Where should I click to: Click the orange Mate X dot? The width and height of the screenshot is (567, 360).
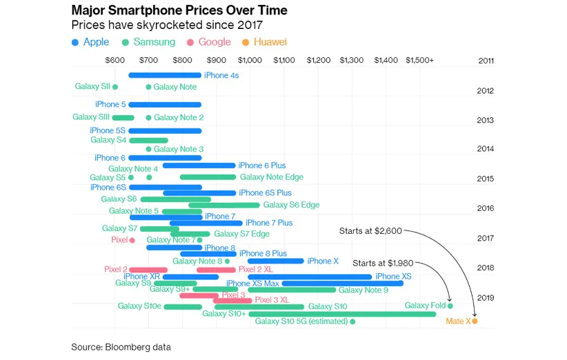(x=475, y=321)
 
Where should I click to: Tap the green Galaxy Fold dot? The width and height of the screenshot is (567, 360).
(x=450, y=306)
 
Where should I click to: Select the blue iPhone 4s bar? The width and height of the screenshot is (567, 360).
(x=165, y=75)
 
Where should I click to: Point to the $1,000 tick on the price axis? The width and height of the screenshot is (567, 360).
(x=250, y=61)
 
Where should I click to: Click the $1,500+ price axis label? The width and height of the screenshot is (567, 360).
(x=419, y=61)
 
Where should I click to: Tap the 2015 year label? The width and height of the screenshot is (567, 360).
(x=485, y=179)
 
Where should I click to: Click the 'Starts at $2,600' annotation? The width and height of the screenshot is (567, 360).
(x=370, y=231)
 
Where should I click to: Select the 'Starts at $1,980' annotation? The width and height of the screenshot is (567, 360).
(x=383, y=263)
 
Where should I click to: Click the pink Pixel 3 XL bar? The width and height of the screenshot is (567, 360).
(x=232, y=300)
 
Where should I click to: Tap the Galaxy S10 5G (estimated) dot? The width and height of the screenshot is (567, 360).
(x=352, y=321)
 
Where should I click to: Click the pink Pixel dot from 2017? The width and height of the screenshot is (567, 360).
(x=132, y=240)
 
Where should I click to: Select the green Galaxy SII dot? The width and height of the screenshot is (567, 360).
(x=115, y=87)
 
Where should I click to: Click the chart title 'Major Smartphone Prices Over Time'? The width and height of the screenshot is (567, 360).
(x=179, y=11)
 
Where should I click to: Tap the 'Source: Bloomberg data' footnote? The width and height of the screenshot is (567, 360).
(x=121, y=347)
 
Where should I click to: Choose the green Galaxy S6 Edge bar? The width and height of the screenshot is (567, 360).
(x=224, y=205)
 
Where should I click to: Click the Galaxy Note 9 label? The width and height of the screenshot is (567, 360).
(x=364, y=290)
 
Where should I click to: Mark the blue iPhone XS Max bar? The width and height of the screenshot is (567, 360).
(x=342, y=283)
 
